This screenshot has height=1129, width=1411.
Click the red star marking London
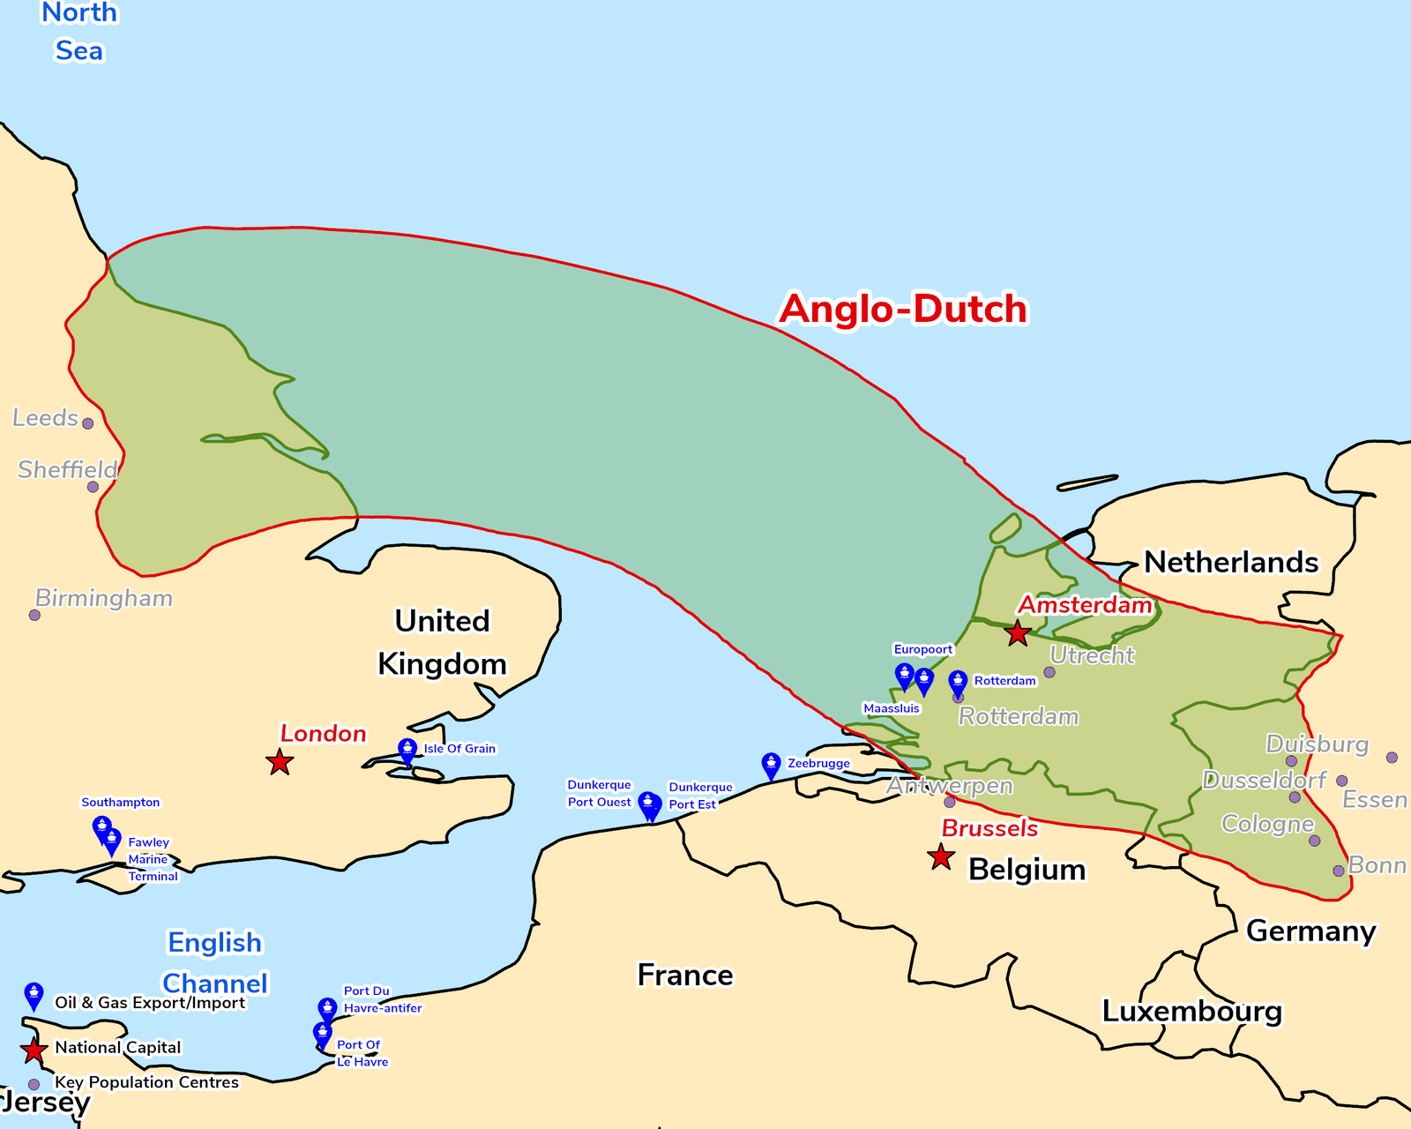280,762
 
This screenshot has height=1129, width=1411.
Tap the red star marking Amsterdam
1018,632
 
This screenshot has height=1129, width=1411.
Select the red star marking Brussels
941,856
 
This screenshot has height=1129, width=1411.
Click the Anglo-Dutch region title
903,310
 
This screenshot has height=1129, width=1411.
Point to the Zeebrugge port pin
771,766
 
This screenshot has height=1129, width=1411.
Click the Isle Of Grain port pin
407,751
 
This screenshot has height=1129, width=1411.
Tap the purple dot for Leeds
87,423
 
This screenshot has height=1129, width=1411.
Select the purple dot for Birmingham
34,615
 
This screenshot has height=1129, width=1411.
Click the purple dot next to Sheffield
93,487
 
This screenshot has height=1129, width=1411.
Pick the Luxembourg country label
1191,1011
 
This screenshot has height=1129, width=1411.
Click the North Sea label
78,32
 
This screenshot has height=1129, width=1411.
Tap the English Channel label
215,963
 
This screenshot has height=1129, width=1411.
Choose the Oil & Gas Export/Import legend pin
34,996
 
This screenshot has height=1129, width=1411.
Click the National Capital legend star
34,1050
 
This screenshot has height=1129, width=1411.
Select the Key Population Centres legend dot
34,1084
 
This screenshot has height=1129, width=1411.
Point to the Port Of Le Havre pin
323,1035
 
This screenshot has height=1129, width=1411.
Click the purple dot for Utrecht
1049,672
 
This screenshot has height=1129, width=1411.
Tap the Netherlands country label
1230,562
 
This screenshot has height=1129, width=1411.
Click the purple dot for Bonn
1339,871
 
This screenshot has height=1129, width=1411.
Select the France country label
685,976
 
